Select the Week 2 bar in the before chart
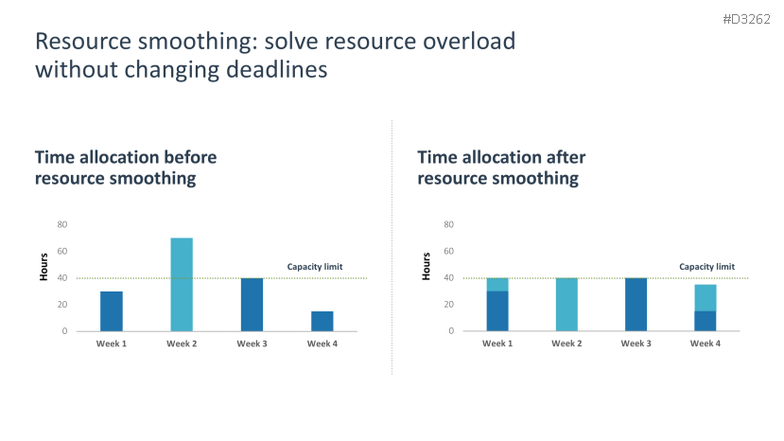pyautogui.click(x=182, y=284)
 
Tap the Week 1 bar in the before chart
pyautogui.click(x=112, y=310)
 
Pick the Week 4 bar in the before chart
pyautogui.click(x=322, y=321)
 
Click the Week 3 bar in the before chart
pyautogui.click(x=252, y=304)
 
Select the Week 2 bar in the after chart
pyautogui.click(x=567, y=304)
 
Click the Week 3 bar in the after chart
pyautogui.click(x=636, y=304)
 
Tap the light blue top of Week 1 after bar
pyautogui.click(x=497, y=284)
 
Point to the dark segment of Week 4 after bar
pyautogui.click(x=706, y=321)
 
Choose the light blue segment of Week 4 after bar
pyautogui.click(x=706, y=297)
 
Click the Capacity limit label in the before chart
pyautogui.click(x=315, y=267)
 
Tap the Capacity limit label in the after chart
pyautogui.click(x=706, y=267)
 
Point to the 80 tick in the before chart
pyautogui.click(x=62, y=224)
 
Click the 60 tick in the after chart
pyautogui.click(x=449, y=251)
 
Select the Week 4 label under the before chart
pyautogui.click(x=322, y=344)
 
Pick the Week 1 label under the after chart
pyautogui.click(x=497, y=344)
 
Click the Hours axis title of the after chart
pyautogui.click(x=427, y=266)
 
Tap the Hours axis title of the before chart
pyautogui.click(x=44, y=266)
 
